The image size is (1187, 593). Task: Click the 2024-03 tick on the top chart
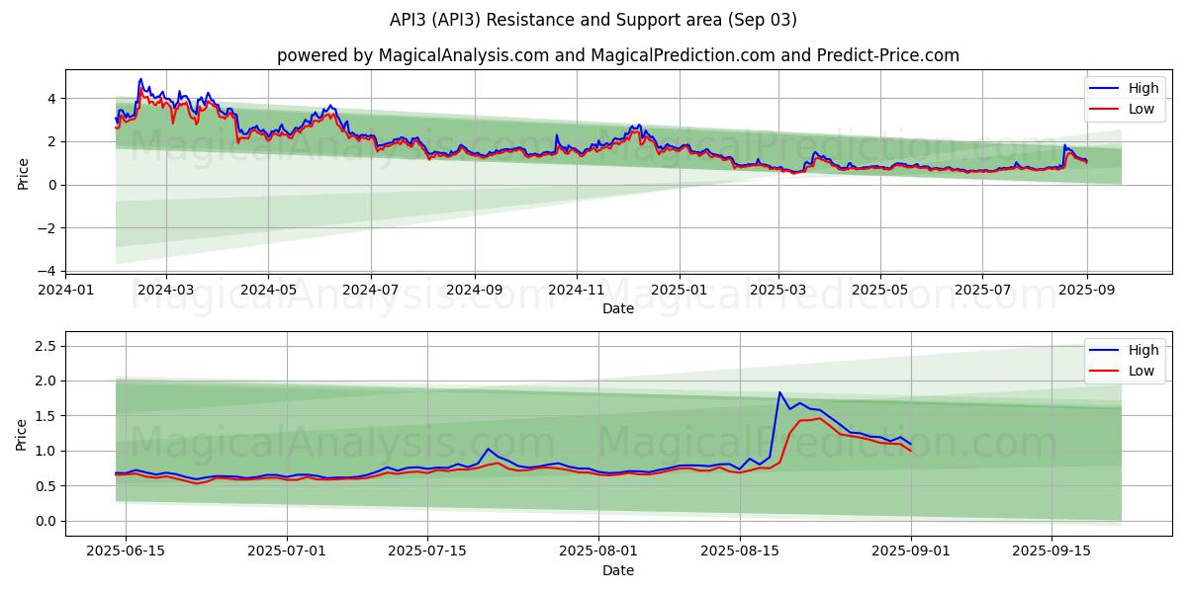165,290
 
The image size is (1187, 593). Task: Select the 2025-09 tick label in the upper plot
1087,290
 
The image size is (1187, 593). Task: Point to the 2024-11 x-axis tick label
577,290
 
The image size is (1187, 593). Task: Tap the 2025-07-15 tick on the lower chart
427,551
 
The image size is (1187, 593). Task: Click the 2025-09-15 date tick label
1051,551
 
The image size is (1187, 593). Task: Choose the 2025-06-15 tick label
126,551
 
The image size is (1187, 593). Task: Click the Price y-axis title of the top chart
23,174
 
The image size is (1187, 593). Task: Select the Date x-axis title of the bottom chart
618,570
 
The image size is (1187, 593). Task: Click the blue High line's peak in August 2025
779,392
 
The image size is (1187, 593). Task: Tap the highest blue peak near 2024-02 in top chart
140,79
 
